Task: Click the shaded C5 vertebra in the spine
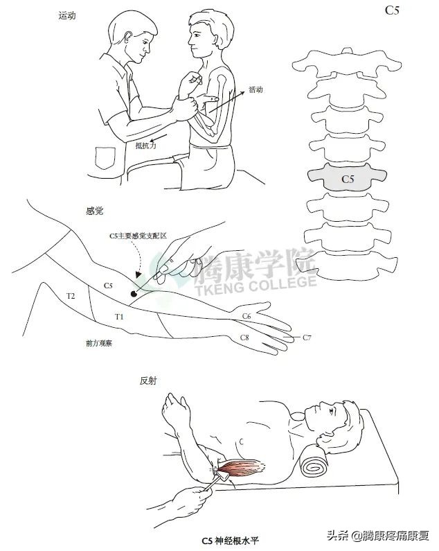348,177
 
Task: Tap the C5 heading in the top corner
392,10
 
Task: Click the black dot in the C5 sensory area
134,293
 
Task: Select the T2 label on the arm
71,296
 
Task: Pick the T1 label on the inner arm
119,317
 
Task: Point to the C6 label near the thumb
247,316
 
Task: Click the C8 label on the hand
244,338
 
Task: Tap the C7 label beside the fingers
307,338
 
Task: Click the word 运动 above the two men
66,15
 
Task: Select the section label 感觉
94,211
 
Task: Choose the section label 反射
148,381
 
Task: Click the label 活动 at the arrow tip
256,89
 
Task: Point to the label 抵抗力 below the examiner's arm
145,145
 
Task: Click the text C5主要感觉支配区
138,236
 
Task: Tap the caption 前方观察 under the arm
99,343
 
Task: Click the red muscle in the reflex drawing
242,467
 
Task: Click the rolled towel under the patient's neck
314,459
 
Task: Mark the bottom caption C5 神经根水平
230,540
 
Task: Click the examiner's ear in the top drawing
129,37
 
